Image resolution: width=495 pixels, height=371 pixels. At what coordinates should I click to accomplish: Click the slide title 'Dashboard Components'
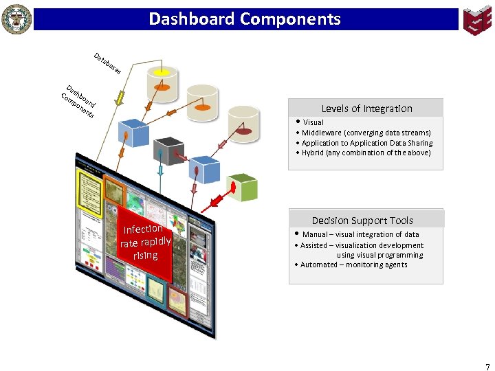click(x=245, y=19)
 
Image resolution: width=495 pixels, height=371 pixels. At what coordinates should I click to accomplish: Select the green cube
click(x=242, y=187)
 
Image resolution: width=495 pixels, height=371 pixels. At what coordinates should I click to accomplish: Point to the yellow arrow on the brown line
click(x=121, y=95)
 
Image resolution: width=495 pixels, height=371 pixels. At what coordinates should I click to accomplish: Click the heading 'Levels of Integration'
click(x=366, y=109)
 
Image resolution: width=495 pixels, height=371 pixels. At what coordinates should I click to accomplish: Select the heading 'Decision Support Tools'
click(x=362, y=221)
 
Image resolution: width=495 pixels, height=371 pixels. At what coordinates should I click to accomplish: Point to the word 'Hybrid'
click(x=313, y=153)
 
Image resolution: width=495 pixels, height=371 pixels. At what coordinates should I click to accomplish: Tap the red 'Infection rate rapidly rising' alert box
click(x=145, y=243)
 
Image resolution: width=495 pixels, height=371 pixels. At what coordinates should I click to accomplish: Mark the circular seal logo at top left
click(x=16, y=19)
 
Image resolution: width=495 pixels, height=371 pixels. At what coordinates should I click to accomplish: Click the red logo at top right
click(x=476, y=20)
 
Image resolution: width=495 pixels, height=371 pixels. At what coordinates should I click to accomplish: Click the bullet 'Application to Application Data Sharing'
click(x=367, y=143)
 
